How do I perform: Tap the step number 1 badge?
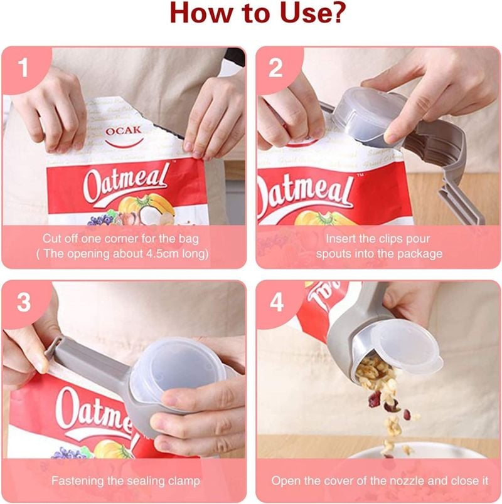point(24,68)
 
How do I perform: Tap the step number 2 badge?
point(276,68)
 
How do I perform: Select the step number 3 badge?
point(24,302)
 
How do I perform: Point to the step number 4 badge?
point(276,302)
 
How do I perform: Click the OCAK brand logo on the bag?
point(123,134)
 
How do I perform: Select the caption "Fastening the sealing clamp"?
point(125,481)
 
